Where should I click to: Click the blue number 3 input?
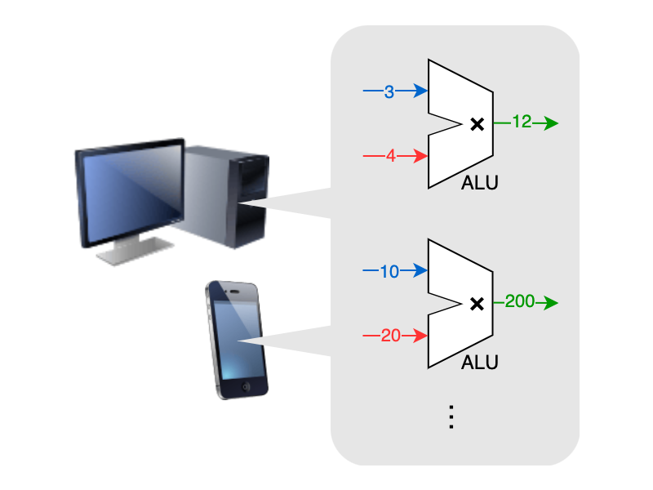[x=389, y=91]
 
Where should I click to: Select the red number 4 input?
[x=390, y=156]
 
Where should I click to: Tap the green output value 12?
[x=522, y=122]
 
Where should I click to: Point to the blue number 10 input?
[x=389, y=271]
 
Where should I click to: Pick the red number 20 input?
[x=390, y=335]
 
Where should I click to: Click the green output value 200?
[x=519, y=302]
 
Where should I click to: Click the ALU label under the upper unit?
[x=479, y=183]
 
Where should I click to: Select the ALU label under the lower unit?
[x=479, y=362]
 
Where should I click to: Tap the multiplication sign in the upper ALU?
[x=478, y=124]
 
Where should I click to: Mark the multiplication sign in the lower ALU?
[x=478, y=304]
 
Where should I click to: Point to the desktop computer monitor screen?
[x=131, y=193]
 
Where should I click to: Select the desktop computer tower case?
[x=224, y=196]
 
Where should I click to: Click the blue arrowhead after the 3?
[x=421, y=91]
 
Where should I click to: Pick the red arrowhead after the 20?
[x=421, y=335]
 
